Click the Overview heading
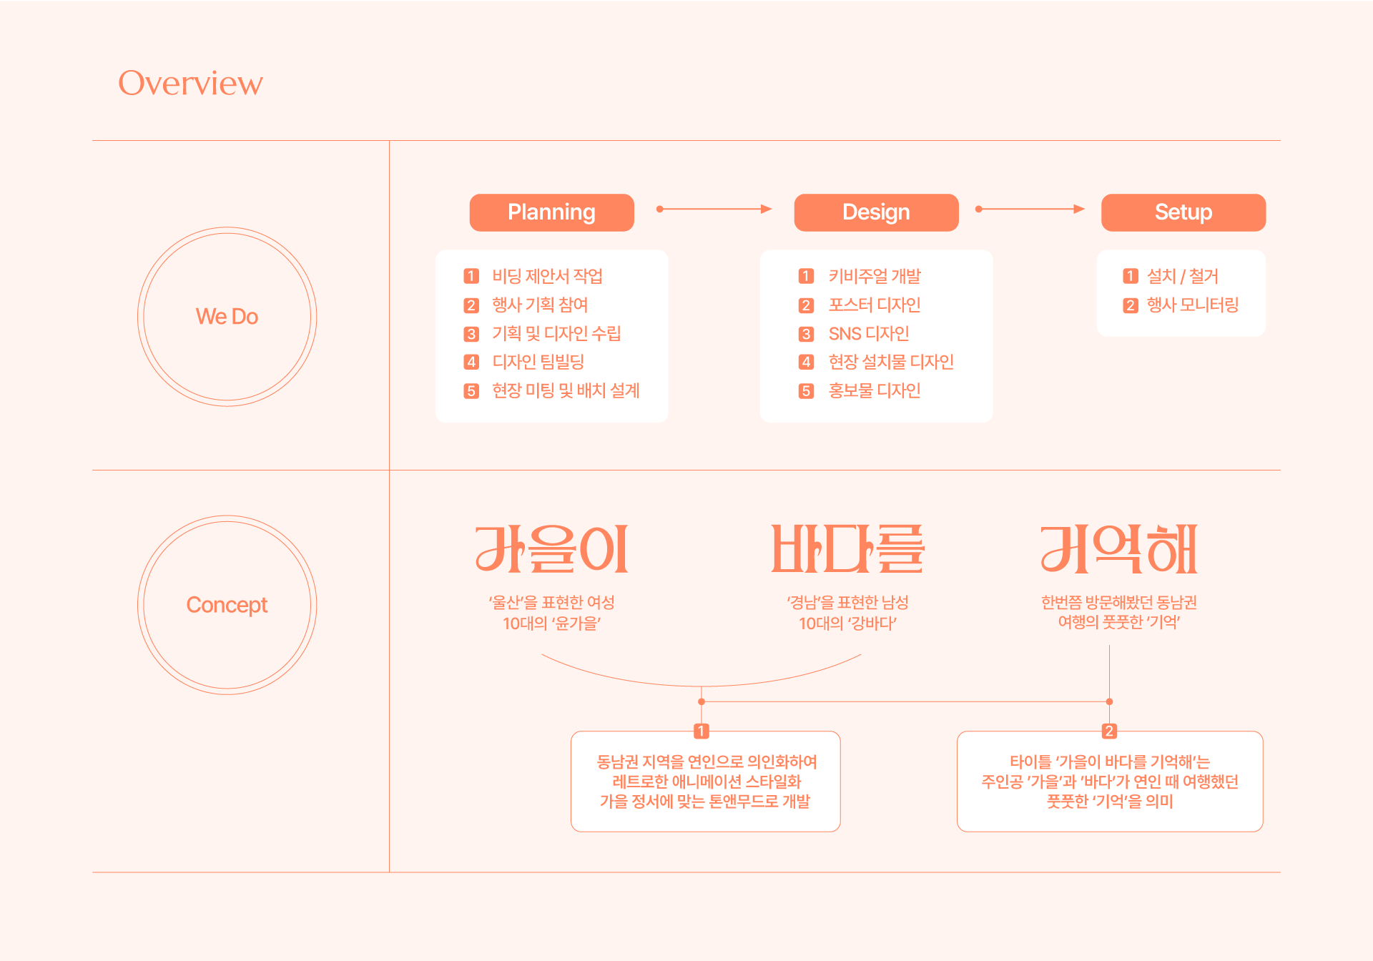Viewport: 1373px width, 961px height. click(x=190, y=83)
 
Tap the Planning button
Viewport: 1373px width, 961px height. click(x=551, y=212)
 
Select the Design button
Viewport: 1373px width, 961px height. click(x=876, y=212)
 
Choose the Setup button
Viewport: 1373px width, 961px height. click(x=1183, y=212)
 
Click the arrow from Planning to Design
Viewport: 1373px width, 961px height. click(x=714, y=210)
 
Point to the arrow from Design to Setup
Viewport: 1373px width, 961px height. click(x=1030, y=210)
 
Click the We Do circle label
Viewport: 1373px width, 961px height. click(x=227, y=317)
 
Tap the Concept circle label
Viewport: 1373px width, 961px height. click(x=227, y=605)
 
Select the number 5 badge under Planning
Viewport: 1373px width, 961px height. click(x=471, y=391)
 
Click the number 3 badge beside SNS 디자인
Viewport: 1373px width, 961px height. click(x=806, y=334)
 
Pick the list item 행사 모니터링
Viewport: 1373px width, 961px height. click(x=1192, y=305)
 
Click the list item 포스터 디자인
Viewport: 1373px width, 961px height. click(x=874, y=305)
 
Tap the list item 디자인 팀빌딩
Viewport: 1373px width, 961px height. click(x=538, y=363)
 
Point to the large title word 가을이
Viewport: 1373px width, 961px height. click(x=551, y=549)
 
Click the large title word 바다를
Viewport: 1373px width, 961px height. click(x=847, y=549)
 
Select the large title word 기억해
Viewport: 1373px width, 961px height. click(x=1118, y=549)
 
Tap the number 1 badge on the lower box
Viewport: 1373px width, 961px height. click(x=702, y=731)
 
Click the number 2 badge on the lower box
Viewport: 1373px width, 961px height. click(x=1109, y=731)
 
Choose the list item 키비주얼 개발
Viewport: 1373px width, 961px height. click(x=874, y=277)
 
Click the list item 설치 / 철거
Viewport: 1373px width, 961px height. click(x=1182, y=277)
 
